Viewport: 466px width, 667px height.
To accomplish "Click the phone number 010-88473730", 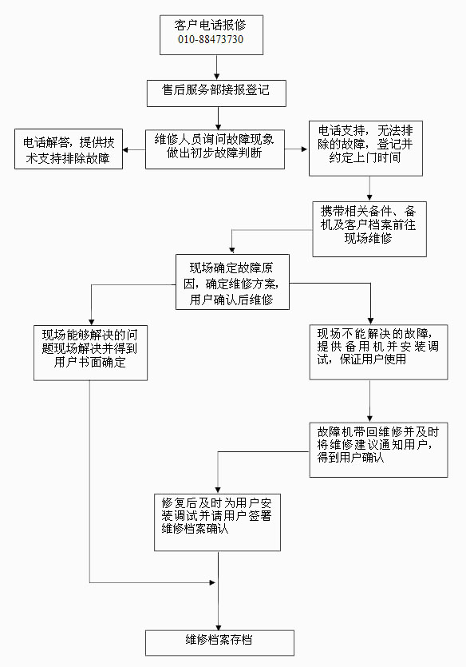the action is (x=211, y=40).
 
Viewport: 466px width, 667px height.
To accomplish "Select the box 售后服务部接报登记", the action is (x=216, y=93).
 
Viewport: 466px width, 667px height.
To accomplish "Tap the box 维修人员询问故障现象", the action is (x=215, y=149).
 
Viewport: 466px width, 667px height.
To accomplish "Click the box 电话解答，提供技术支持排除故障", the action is (x=69, y=149).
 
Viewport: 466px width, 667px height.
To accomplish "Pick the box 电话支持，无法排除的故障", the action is (x=365, y=149).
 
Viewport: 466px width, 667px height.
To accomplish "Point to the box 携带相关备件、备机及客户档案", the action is (x=369, y=228).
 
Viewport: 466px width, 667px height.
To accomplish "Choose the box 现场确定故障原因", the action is (x=232, y=282).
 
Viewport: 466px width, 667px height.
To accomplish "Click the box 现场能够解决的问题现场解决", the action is (x=90, y=352).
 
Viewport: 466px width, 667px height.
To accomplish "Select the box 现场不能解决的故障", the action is (x=378, y=352).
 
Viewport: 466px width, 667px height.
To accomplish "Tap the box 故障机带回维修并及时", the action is (x=378, y=450).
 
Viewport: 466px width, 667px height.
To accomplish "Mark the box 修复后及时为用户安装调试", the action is (x=217, y=522).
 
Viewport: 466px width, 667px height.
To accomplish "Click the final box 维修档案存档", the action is (x=219, y=643).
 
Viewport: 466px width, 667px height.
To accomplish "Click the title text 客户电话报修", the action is (x=211, y=25).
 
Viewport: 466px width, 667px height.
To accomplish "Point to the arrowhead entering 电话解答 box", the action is (x=125, y=149).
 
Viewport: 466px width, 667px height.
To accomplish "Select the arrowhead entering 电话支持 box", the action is (x=304, y=149).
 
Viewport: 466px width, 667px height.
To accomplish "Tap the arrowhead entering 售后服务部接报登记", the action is (x=217, y=77).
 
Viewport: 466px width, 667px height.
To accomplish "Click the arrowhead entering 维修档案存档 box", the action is (x=219, y=627).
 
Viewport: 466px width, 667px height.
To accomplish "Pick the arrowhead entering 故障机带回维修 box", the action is (x=369, y=419).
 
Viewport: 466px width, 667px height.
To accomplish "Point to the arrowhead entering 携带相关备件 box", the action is (x=369, y=198).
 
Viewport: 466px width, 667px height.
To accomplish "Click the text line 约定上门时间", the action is (x=365, y=158).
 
